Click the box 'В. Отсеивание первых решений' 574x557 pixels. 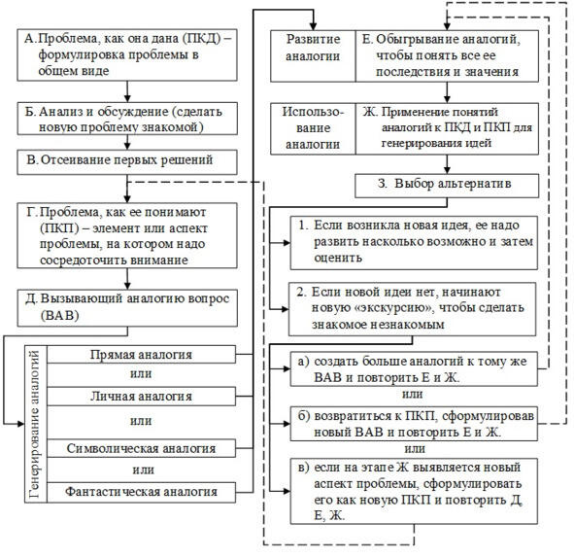pyautogui.click(x=127, y=161)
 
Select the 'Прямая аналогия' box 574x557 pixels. pyautogui.click(x=141, y=355)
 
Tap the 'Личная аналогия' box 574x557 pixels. pyautogui.click(x=141, y=397)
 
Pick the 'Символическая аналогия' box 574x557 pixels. pyautogui.click(x=141, y=448)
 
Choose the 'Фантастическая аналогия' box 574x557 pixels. pyautogui.click(x=141, y=492)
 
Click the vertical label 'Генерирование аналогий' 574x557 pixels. pyautogui.click(x=36, y=424)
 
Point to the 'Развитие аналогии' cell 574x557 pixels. pyautogui.click(x=313, y=56)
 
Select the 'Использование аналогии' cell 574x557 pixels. pyautogui.click(x=313, y=128)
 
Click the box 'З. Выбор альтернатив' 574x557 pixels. pyautogui.click(x=447, y=186)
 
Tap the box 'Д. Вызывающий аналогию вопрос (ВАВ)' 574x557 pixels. pyautogui.click(x=127, y=308)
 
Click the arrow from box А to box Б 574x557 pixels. pyautogui.click(x=127, y=91)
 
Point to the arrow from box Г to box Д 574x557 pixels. pyautogui.click(x=127, y=279)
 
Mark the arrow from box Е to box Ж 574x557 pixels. pyautogui.click(x=447, y=92)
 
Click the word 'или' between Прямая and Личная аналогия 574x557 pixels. pyautogui.click(x=141, y=374)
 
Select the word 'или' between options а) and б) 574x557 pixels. pyautogui.click(x=413, y=395)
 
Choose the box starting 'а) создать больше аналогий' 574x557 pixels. pyautogui.click(x=414, y=369)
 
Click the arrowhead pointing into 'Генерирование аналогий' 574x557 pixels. pyautogui.click(x=20, y=424)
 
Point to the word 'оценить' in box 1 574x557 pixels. pyautogui.click(x=338, y=258)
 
